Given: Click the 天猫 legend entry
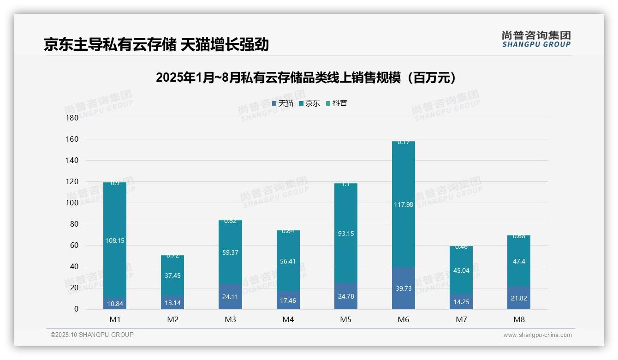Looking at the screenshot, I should coord(283,103).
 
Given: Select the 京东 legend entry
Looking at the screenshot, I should coord(309,103).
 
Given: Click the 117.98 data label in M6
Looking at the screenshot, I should coord(404,204).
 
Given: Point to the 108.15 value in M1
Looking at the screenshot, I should coord(115,240).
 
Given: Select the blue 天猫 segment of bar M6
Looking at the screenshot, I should coord(404,288).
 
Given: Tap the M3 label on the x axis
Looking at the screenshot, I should coord(230,319).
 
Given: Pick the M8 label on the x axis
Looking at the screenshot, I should coord(519,319).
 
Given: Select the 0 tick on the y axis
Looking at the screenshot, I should coord(76,309).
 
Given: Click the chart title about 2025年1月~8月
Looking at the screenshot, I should coord(306,78).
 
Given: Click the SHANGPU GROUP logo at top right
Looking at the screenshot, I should coord(536,39).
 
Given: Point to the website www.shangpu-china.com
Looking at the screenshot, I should coord(537,335).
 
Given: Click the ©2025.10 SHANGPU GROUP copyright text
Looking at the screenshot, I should coord(92,335).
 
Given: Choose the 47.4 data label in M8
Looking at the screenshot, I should coord(519,261).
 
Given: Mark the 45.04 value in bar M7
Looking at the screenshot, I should coord(461,270).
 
